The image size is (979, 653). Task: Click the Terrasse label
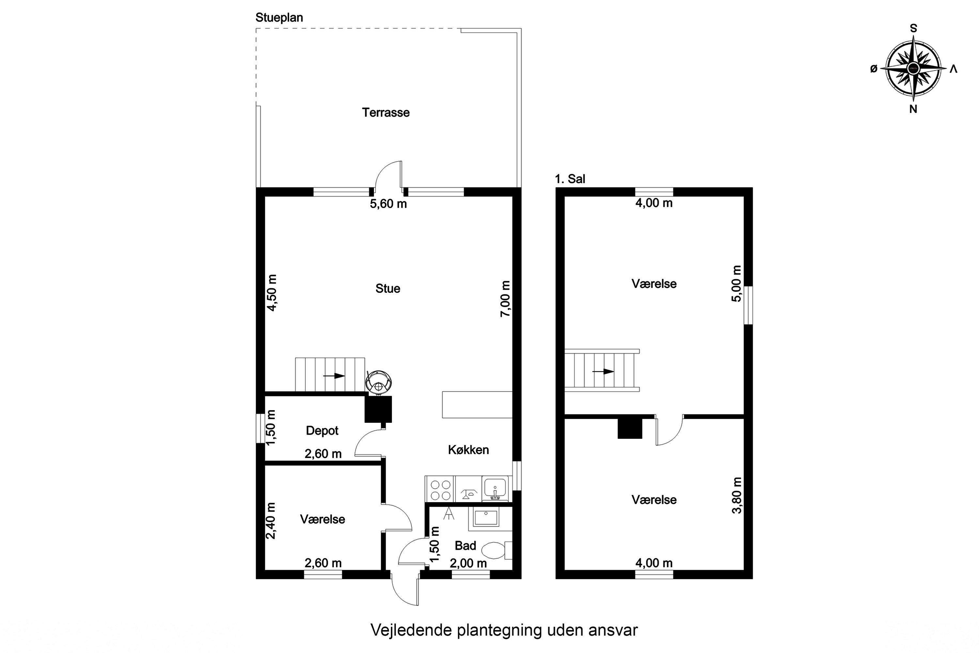(385, 112)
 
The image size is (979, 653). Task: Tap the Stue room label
(388, 289)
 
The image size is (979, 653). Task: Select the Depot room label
(322, 431)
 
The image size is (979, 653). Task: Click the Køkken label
(468, 450)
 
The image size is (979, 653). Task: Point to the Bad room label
(465, 546)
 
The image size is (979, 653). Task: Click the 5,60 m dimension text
(388, 204)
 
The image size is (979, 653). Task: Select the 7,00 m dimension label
(505, 299)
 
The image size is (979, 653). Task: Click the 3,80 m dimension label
(737, 495)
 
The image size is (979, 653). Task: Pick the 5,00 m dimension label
(737, 284)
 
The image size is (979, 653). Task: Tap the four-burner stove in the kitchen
(440, 490)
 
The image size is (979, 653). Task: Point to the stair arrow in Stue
(334, 376)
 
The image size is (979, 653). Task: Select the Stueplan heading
(279, 18)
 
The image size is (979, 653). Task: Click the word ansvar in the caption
(613, 630)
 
